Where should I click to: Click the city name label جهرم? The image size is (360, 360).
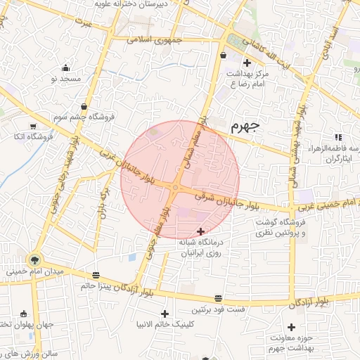[x=245, y=126]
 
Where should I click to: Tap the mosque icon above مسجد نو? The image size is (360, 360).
[x=66, y=68]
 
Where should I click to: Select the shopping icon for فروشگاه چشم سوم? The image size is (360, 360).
[x=84, y=106]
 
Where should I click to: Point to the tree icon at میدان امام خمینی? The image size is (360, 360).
[x=35, y=259]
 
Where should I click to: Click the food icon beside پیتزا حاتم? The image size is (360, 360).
[x=96, y=275]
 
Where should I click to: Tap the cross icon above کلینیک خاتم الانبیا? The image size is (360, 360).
[x=165, y=314]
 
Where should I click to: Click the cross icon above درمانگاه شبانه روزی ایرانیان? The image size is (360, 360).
[x=201, y=231]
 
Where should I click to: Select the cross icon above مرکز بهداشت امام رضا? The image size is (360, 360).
[x=247, y=63]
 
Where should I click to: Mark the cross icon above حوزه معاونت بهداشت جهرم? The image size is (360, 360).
[x=291, y=327]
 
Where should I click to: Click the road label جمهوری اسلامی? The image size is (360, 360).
[x=155, y=40]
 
